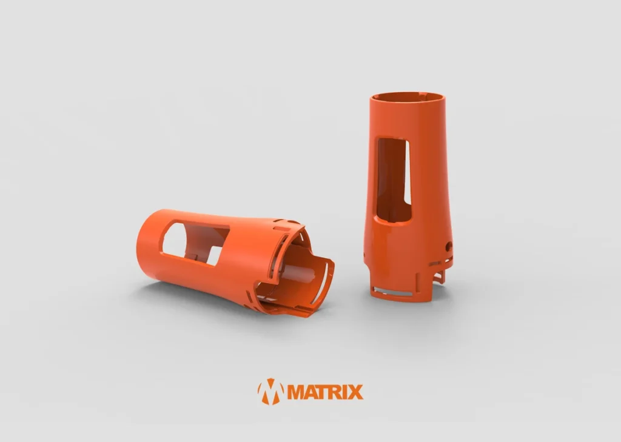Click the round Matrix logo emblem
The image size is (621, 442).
tap(271, 391)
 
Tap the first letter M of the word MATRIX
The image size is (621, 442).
tap(296, 392)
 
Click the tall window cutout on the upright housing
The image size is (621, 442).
tap(393, 180)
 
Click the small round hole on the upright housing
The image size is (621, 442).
tap(448, 246)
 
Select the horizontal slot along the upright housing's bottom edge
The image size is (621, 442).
tap(393, 293)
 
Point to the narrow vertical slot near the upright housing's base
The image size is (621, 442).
tap(418, 283)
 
